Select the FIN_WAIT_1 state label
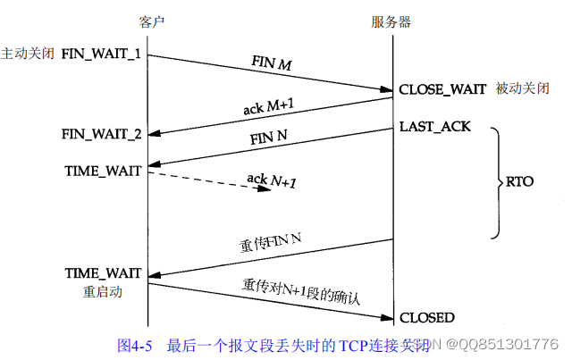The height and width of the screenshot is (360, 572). pos(101,54)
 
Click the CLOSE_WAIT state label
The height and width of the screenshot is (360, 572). pos(442,89)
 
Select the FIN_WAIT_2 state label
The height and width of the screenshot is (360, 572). pos(101,134)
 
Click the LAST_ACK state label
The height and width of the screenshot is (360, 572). pos(434,127)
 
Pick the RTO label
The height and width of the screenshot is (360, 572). pos(518,181)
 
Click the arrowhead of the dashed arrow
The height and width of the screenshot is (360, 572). pos(265,188)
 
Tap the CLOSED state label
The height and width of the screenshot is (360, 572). pos(426,317)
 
